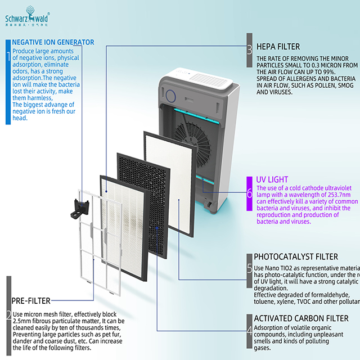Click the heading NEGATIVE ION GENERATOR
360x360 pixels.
click(53, 42)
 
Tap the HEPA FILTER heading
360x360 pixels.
click(278, 47)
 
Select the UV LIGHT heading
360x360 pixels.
click(272, 179)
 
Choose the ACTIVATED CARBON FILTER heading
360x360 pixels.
click(301, 318)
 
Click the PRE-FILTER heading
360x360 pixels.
click(31, 300)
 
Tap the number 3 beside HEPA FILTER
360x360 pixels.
click(249, 49)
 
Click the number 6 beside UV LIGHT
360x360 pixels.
click(249, 192)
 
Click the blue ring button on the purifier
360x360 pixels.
click(169, 90)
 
